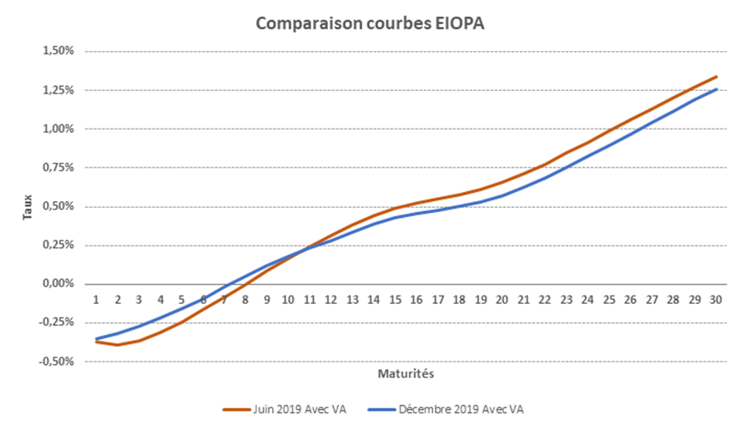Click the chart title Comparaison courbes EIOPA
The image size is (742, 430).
[x=370, y=23]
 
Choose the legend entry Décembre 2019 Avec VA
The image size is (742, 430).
[x=462, y=409]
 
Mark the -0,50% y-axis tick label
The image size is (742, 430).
[x=56, y=362]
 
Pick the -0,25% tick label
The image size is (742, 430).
[x=56, y=323]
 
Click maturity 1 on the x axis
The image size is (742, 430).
[x=96, y=299]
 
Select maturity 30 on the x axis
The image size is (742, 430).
[x=715, y=299]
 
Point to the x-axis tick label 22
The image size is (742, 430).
[x=544, y=299]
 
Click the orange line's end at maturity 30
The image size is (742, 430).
[x=716, y=77]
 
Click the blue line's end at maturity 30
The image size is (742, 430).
[x=716, y=89]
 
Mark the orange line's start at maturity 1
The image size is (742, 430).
[x=96, y=341]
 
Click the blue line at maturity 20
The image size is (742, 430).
[x=502, y=195]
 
